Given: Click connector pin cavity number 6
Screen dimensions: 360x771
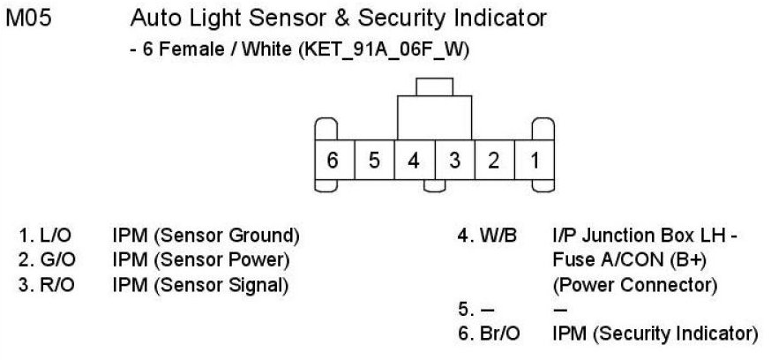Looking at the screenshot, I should point(333,161).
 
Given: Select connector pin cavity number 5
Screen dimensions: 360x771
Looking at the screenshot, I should point(374,161).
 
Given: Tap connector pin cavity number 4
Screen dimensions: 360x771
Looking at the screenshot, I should point(414,161).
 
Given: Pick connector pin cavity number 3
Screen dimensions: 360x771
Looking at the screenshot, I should point(454,161).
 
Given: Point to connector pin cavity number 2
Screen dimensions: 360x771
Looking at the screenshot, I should point(494,161).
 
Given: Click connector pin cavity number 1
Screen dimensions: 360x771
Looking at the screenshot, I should point(535,161).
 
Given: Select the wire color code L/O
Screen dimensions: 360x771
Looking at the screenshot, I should point(50,236).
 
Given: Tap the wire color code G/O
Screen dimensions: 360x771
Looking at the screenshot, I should point(51,260).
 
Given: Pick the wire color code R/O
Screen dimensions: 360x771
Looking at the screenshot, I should point(51,285).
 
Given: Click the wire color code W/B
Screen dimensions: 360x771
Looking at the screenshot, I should point(499,236).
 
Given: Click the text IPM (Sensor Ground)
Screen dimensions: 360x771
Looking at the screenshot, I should point(206,236).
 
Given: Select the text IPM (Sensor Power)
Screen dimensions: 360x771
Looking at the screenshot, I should point(201,260).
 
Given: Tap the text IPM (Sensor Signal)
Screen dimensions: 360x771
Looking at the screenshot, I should point(201,285).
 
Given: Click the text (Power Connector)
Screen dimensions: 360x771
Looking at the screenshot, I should point(633,286).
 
